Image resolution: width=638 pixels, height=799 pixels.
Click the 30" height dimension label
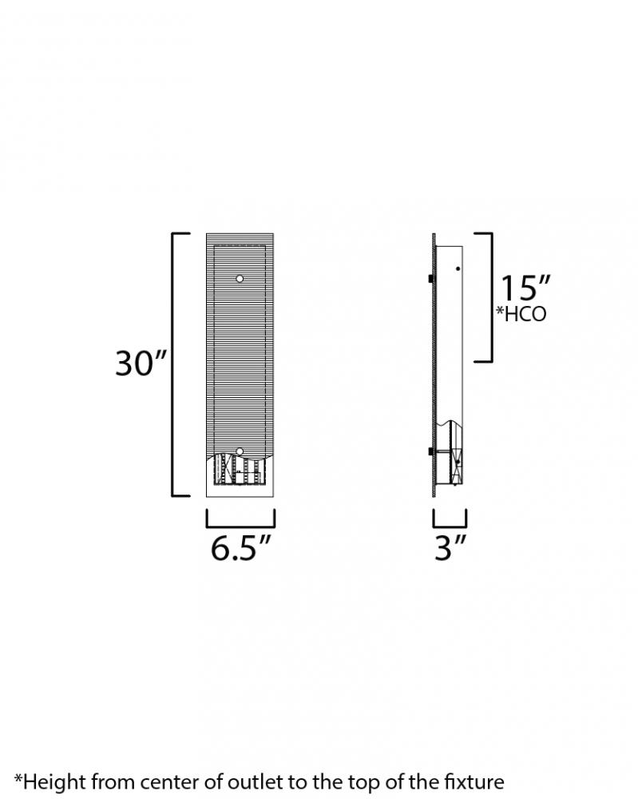coord(141,363)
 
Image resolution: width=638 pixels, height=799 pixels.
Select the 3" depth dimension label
coord(450,548)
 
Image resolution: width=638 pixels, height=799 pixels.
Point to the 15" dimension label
coord(525,288)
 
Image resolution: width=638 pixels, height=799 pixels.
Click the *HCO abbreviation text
coord(521,314)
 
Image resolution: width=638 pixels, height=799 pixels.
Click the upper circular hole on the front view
coord(240,279)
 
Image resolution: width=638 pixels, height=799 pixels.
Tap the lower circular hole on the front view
coord(240,451)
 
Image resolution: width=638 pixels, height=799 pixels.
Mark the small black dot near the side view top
coord(458,268)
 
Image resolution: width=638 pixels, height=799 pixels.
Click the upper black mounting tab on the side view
coord(430,279)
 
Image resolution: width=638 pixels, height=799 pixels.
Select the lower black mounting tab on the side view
coord(430,451)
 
